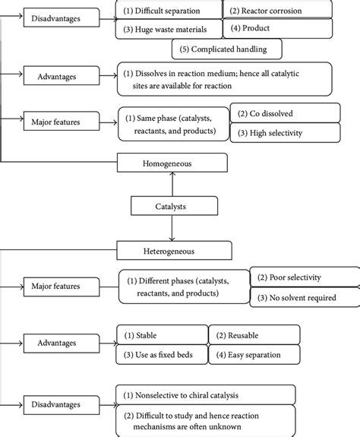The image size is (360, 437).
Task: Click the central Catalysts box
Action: [x=174, y=206]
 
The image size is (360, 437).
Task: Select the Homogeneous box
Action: [x=172, y=163]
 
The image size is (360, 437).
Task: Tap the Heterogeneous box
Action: [x=174, y=250]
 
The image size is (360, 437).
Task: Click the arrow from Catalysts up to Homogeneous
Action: [x=172, y=184]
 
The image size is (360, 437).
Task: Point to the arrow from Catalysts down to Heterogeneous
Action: [x=172, y=228]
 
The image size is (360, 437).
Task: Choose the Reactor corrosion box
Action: [x=277, y=10]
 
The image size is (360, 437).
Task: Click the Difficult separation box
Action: [x=169, y=10]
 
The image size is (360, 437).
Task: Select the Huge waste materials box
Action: [x=169, y=29]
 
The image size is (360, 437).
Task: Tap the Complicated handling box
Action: [x=227, y=49]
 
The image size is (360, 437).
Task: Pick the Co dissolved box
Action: [x=285, y=113]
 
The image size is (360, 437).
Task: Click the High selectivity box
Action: [x=285, y=133]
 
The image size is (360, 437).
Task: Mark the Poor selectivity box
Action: [x=305, y=277]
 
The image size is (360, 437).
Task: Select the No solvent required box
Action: [x=305, y=297]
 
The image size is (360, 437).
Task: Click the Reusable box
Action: [x=254, y=334]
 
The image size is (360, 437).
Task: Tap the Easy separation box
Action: [x=254, y=354]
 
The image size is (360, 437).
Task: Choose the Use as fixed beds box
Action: [x=162, y=354]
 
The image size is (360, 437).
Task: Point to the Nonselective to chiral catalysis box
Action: [x=206, y=394]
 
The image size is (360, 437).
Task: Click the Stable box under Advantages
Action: [x=162, y=334]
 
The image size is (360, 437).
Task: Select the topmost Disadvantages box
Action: [x=62, y=17]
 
